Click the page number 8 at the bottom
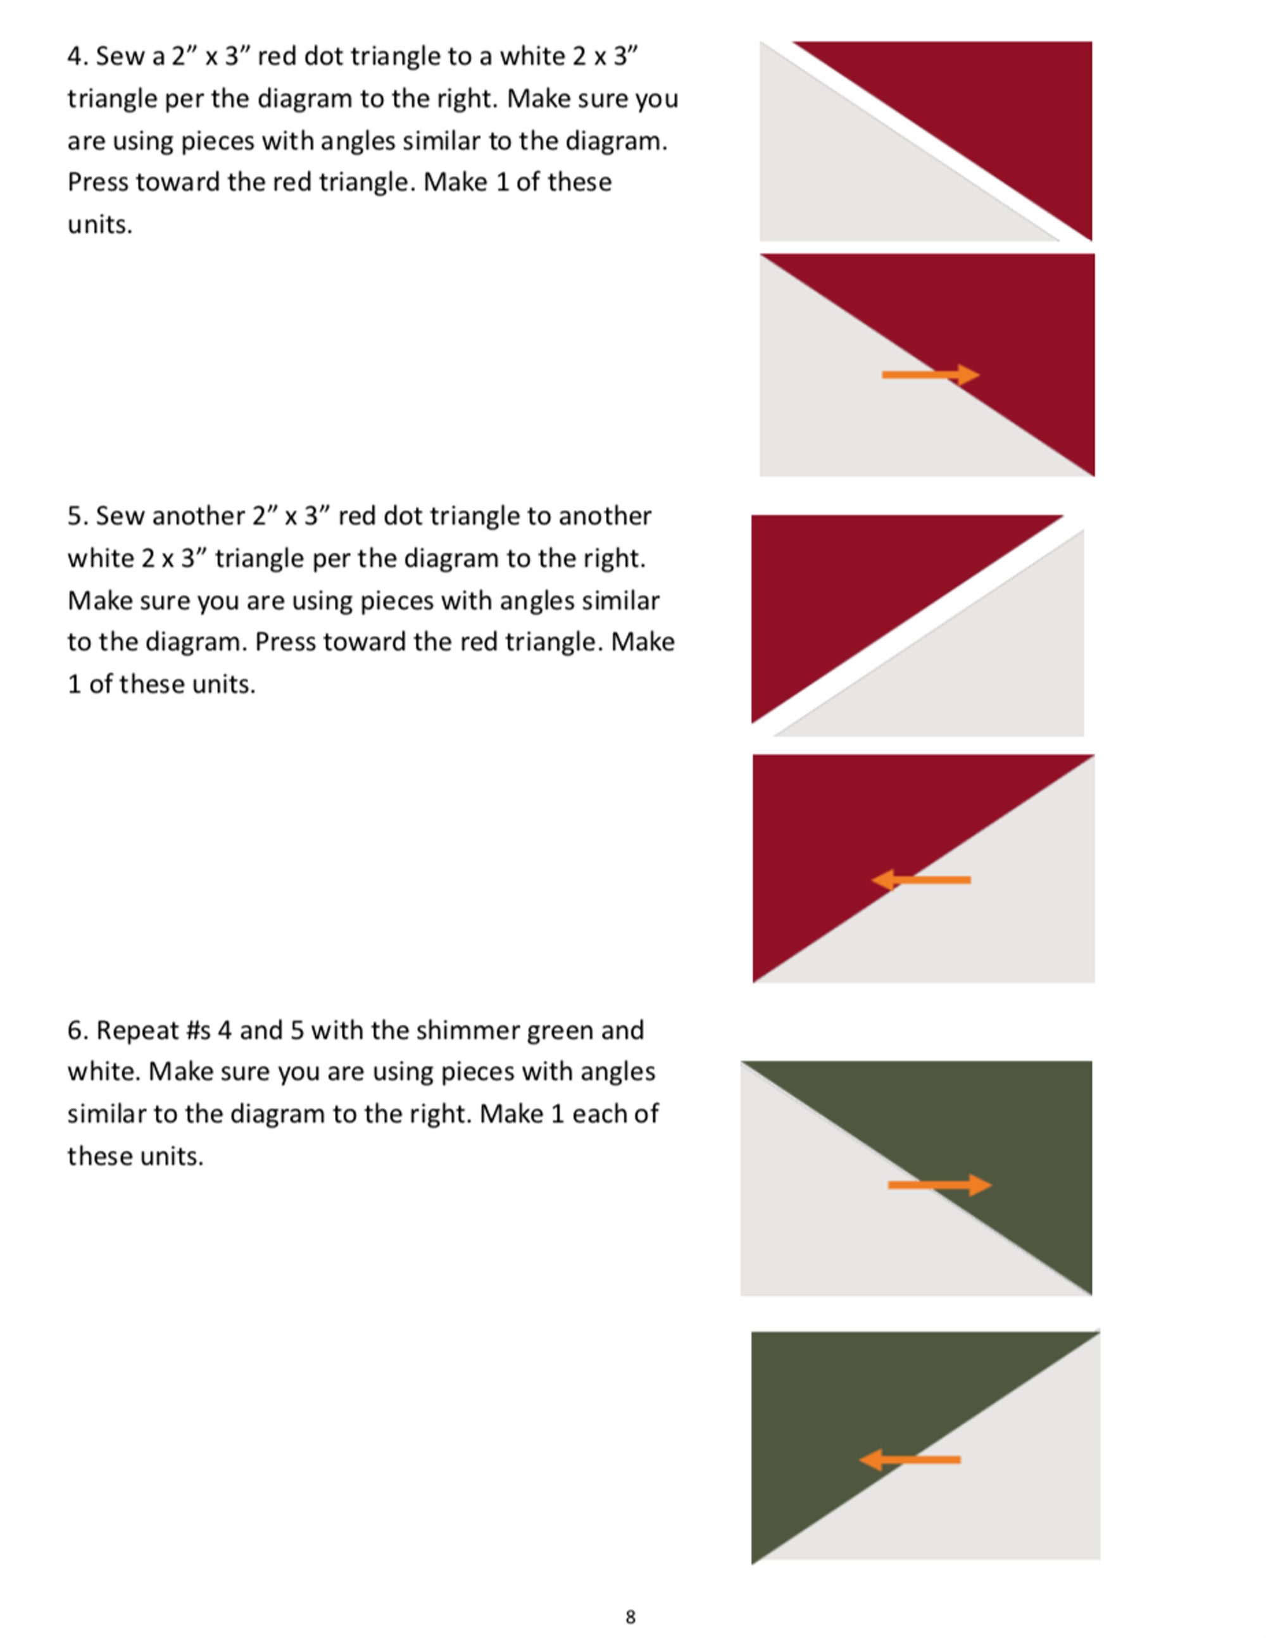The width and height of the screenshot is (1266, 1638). click(630, 1616)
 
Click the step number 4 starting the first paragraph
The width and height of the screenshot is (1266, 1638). click(74, 57)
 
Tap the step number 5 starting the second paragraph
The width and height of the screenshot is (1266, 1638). click(74, 516)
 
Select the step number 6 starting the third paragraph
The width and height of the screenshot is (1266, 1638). click(74, 1030)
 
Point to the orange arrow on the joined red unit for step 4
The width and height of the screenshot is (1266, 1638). click(930, 374)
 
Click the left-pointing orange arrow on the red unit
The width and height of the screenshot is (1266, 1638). click(921, 880)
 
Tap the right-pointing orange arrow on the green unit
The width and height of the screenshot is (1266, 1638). click(939, 1185)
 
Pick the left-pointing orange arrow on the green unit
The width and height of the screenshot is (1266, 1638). click(909, 1460)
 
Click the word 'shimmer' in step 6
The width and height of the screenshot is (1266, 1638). click(466, 1030)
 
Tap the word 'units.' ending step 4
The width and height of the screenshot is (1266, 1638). click(100, 225)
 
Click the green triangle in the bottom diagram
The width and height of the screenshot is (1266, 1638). click(863, 1410)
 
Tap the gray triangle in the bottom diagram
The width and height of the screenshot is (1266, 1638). click(1013, 1492)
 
